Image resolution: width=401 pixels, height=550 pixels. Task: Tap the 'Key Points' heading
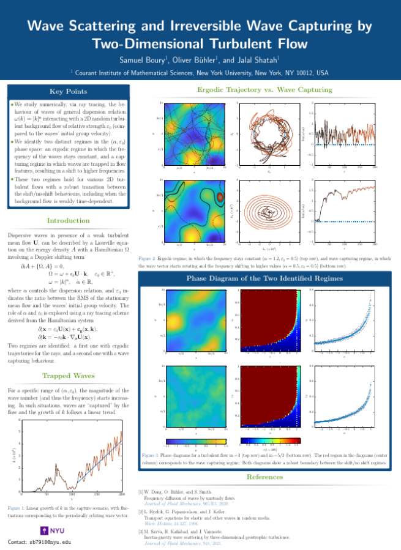pos(67,92)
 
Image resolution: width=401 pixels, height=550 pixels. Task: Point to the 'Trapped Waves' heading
pos(67,376)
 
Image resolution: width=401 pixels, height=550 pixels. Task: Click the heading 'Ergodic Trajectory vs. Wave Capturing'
pos(264,90)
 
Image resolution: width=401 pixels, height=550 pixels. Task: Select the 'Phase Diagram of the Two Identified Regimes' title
pos(264,279)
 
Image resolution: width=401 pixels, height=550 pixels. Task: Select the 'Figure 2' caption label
pos(150,259)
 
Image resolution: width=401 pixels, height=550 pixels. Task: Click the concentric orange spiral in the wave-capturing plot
pos(267,209)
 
